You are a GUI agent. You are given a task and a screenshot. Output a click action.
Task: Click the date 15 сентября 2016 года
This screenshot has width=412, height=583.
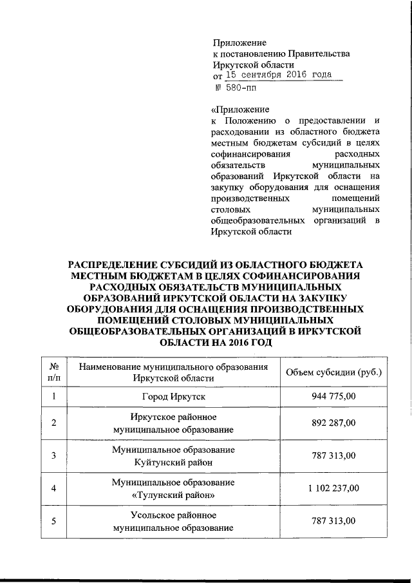pos(277,75)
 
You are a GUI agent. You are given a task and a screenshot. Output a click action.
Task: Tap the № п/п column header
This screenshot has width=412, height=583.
pos(54,372)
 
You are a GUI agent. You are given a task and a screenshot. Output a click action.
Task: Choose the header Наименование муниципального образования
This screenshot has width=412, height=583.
pos(172,367)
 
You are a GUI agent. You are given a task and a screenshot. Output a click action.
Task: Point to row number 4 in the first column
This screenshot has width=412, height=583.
pos(54,488)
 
